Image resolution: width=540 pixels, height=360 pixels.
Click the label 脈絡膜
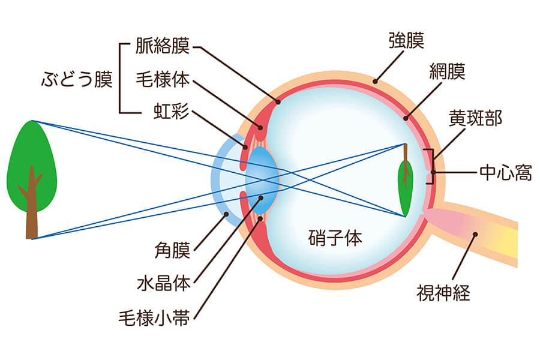[163, 46]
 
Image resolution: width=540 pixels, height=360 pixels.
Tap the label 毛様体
[163, 79]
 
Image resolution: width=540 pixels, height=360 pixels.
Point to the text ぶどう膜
[77, 79]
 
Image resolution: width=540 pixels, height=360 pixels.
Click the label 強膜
[406, 41]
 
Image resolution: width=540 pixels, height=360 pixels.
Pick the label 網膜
[448, 71]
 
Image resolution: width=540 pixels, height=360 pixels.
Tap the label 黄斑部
[476, 118]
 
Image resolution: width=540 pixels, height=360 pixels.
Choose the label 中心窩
[506, 172]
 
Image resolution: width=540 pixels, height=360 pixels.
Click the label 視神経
[443, 293]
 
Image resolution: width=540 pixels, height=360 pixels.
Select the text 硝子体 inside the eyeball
[335, 238]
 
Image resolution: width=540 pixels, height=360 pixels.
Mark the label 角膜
[172, 250]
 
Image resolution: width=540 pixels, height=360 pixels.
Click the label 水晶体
[164, 284]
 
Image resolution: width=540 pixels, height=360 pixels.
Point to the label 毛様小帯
[154, 318]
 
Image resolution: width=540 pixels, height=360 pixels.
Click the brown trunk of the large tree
[32, 206]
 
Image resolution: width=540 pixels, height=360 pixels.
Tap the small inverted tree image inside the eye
[406, 180]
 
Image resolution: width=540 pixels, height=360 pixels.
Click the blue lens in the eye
[262, 180]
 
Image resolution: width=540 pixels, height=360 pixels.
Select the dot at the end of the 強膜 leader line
[376, 82]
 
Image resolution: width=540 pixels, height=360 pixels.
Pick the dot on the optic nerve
[475, 234]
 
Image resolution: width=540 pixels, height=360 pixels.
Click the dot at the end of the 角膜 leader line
[226, 214]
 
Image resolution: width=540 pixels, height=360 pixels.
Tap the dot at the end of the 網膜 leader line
[406, 119]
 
